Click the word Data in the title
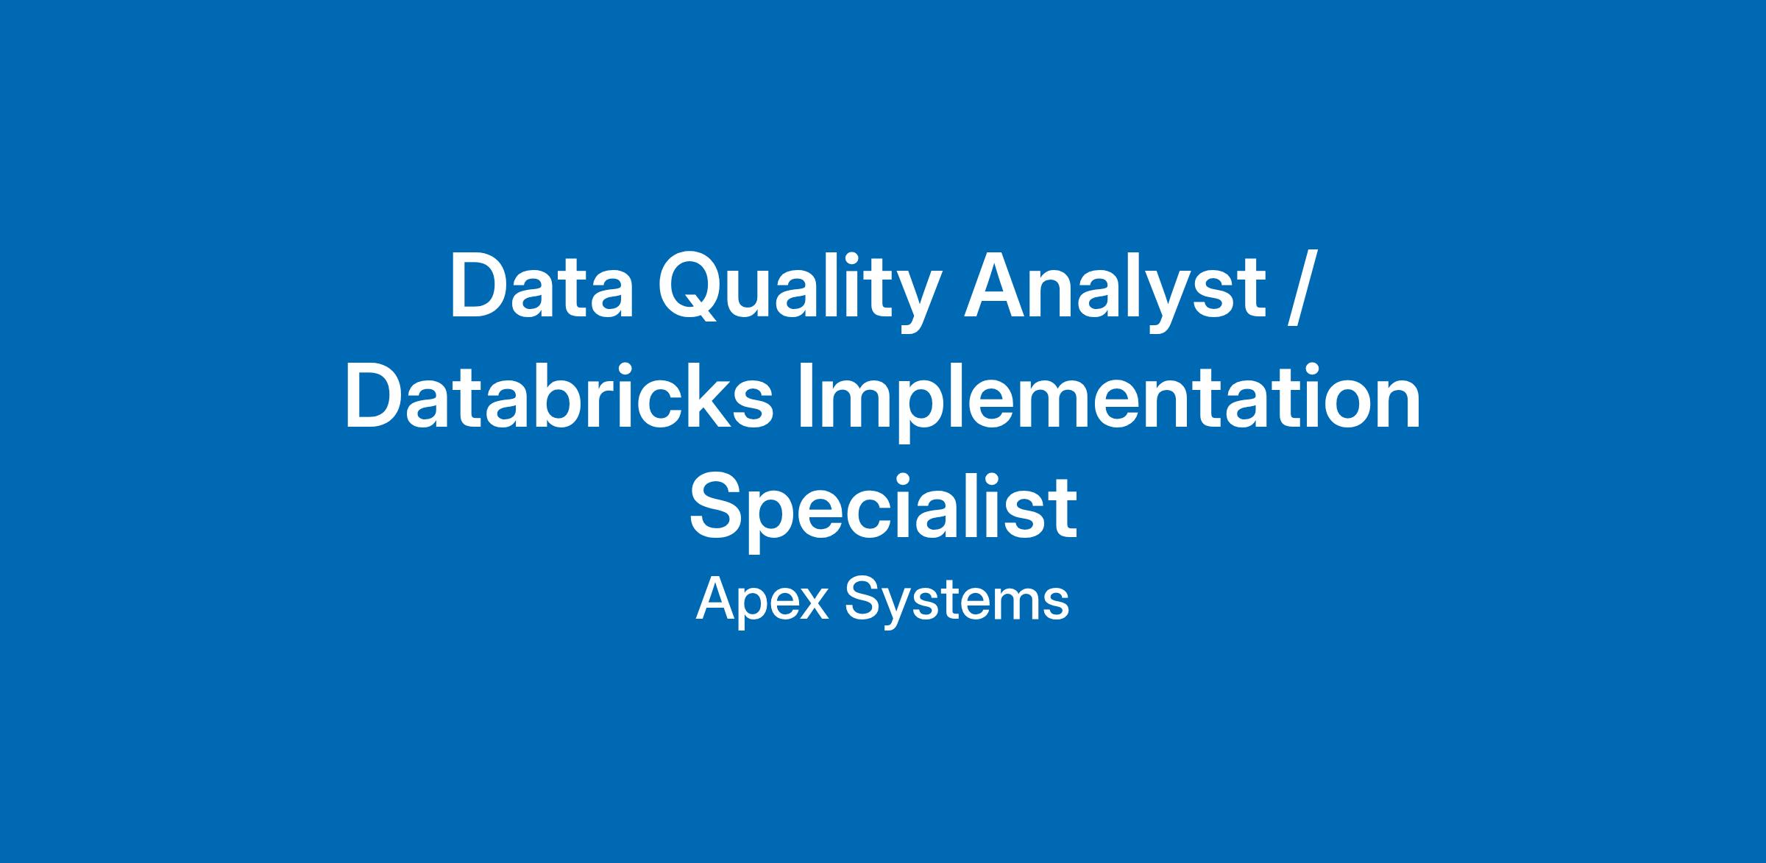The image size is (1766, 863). [x=542, y=286]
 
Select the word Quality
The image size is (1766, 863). [x=798, y=293]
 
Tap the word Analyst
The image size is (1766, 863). [x=1115, y=293]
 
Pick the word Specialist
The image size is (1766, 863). [x=883, y=511]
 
